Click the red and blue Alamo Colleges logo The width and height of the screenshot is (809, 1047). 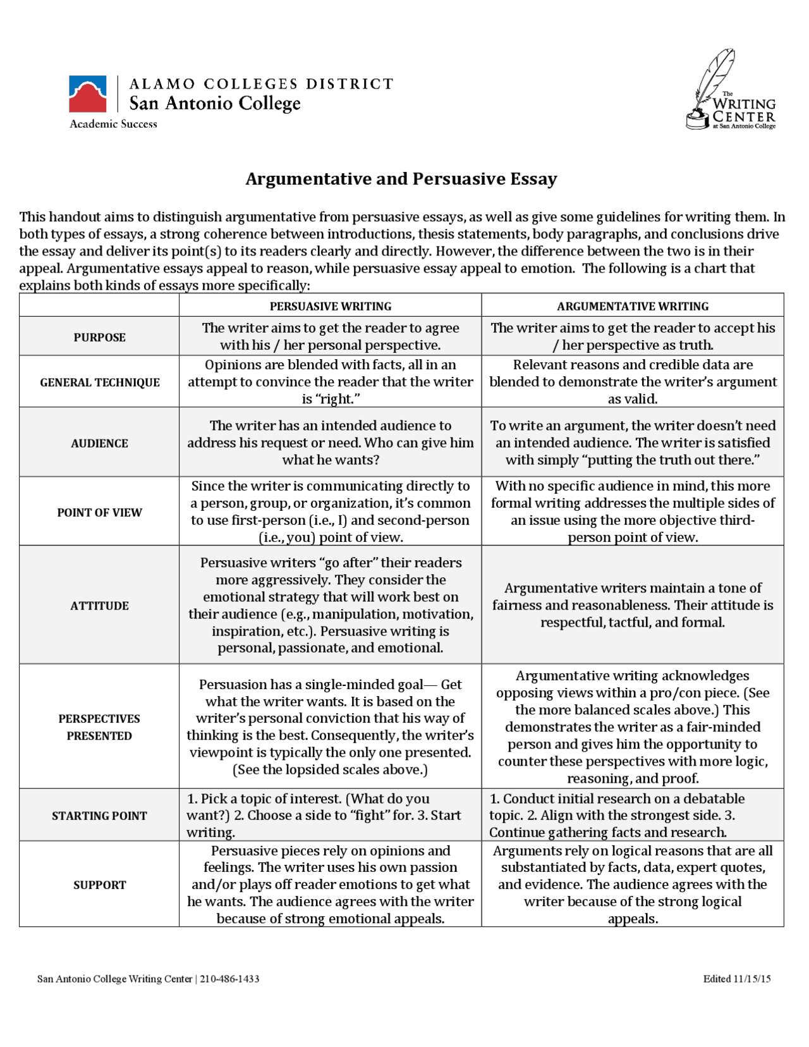[x=88, y=95]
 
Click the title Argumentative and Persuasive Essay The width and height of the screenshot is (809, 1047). [x=401, y=179]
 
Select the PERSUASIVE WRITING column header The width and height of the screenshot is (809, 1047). [x=330, y=306]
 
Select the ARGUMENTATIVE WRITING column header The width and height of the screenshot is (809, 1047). [x=632, y=306]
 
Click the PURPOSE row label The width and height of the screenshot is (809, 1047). [x=99, y=337]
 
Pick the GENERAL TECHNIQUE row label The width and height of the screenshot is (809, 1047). [x=99, y=382]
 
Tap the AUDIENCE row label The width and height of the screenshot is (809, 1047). [x=99, y=443]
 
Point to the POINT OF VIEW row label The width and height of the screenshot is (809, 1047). [x=99, y=512]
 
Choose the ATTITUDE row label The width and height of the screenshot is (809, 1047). [x=99, y=605]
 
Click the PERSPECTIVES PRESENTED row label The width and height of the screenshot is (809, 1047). [x=99, y=727]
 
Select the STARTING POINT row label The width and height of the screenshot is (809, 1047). [x=99, y=816]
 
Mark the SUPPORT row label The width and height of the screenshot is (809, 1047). [x=99, y=885]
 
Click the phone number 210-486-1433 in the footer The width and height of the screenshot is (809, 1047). [x=229, y=979]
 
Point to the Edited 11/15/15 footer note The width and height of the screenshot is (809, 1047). [x=736, y=979]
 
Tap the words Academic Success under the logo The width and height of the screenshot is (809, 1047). [x=113, y=124]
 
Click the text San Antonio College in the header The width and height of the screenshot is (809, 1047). [x=215, y=103]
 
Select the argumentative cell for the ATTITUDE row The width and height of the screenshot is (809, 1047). [x=632, y=605]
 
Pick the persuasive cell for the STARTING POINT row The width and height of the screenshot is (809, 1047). [x=330, y=816]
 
